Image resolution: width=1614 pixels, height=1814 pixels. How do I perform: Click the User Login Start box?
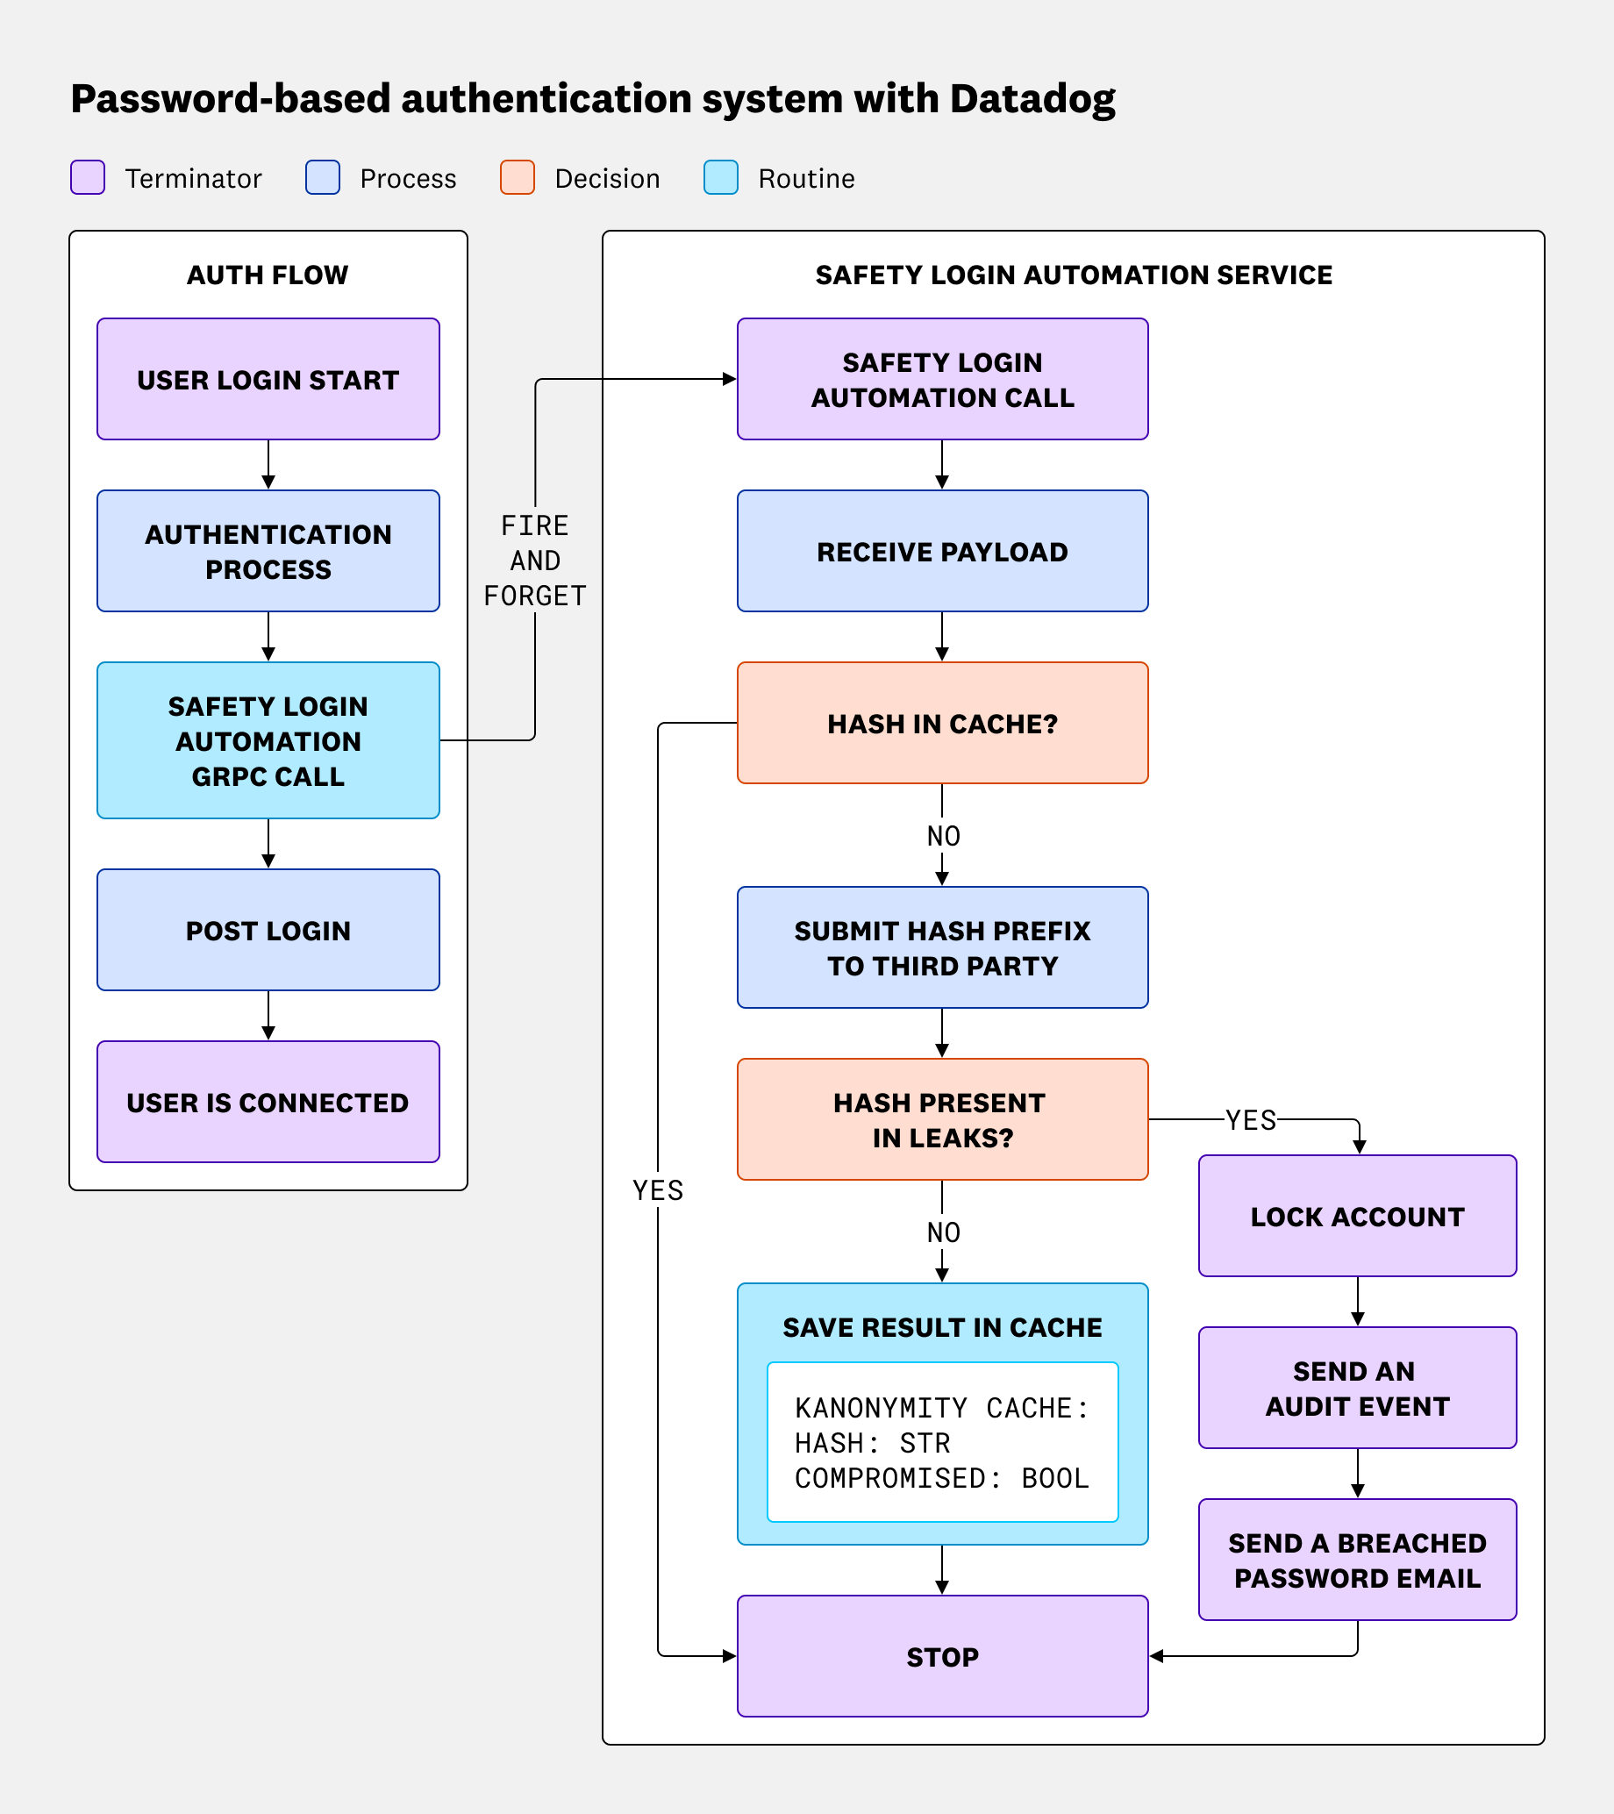click(x=268, y=379)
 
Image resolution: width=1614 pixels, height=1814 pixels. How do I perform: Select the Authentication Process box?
click(x=268, y=551)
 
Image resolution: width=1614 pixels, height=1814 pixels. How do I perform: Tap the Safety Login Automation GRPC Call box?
click(x=268, y=740)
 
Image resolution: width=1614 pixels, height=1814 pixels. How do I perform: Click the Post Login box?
click(x=268, y=930)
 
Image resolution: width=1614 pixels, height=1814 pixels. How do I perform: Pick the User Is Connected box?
click(x=268, y=1102)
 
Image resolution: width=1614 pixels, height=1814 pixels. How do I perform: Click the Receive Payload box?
click(x=942, y=551)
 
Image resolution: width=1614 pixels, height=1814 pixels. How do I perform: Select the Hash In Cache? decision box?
click(x=942, y=724)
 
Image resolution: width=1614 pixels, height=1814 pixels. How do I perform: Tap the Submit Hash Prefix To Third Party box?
click(x=942, y=947)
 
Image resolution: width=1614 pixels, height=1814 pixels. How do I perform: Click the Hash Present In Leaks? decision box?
click(x=942, y=1119)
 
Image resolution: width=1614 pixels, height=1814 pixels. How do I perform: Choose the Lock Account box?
click(x=1357, y=1216)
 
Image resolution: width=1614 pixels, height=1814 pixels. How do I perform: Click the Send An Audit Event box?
click(x=1357, y=1388)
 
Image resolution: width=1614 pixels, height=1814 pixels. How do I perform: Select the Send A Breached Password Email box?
click(x=1357, y=1560)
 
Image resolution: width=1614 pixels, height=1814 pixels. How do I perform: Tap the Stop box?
click(x=942, y=1656)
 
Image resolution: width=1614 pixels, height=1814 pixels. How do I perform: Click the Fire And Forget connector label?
click(x=535, y=561)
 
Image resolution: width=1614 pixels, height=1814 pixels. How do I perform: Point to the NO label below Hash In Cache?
click(x=943, y=836)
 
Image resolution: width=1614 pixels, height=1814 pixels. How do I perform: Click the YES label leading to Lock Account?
click(x=1250, y=1120)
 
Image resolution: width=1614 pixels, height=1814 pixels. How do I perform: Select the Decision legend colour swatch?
click(x=518, y=177)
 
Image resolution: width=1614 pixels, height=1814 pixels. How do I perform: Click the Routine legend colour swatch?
click(x=720, y=177)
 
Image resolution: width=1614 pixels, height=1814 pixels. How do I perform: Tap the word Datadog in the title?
click(x=1032, y=99)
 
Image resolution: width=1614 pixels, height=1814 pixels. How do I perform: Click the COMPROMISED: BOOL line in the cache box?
click(x=940, y=1479)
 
